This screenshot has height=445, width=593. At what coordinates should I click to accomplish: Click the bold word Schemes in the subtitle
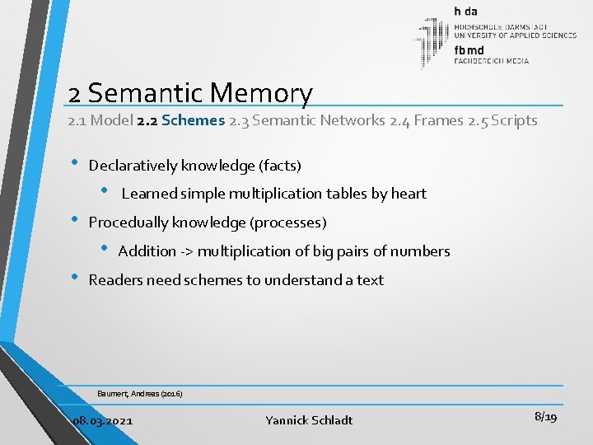194,120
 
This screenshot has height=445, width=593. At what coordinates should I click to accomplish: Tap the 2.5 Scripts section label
502,120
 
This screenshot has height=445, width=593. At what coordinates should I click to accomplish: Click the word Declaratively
133,166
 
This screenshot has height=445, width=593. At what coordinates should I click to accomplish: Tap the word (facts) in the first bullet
280,166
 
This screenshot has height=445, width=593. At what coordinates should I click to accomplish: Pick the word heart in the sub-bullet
409,194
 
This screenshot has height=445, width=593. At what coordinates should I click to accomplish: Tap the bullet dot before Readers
76,278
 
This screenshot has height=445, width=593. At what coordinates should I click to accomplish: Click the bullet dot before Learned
105,191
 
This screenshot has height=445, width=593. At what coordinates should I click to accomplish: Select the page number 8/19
545,418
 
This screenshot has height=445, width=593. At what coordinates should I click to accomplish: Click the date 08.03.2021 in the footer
102,420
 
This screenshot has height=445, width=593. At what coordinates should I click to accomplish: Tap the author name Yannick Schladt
309,420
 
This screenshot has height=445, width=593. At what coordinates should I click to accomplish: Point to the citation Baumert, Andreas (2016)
139,394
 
